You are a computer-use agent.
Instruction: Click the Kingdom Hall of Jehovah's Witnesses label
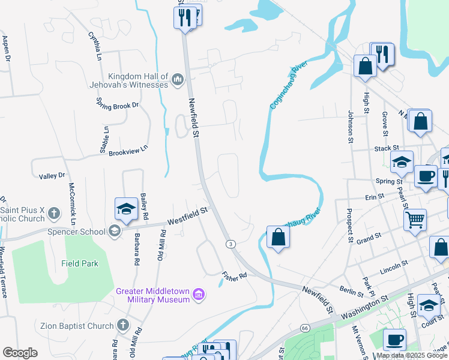[137, 80]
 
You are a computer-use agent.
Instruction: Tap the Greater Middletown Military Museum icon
[199, 295]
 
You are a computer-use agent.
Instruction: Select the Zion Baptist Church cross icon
[122, 325]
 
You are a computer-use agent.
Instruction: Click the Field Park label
[79, 263]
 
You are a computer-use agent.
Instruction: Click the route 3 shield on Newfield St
[231, 244]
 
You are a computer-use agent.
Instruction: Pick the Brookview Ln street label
[128, 150]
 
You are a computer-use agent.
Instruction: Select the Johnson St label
[351, 126]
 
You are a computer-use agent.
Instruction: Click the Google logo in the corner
[20, 353]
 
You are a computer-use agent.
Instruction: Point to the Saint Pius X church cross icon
[54, 213]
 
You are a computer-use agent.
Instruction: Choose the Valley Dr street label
[52, 176]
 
